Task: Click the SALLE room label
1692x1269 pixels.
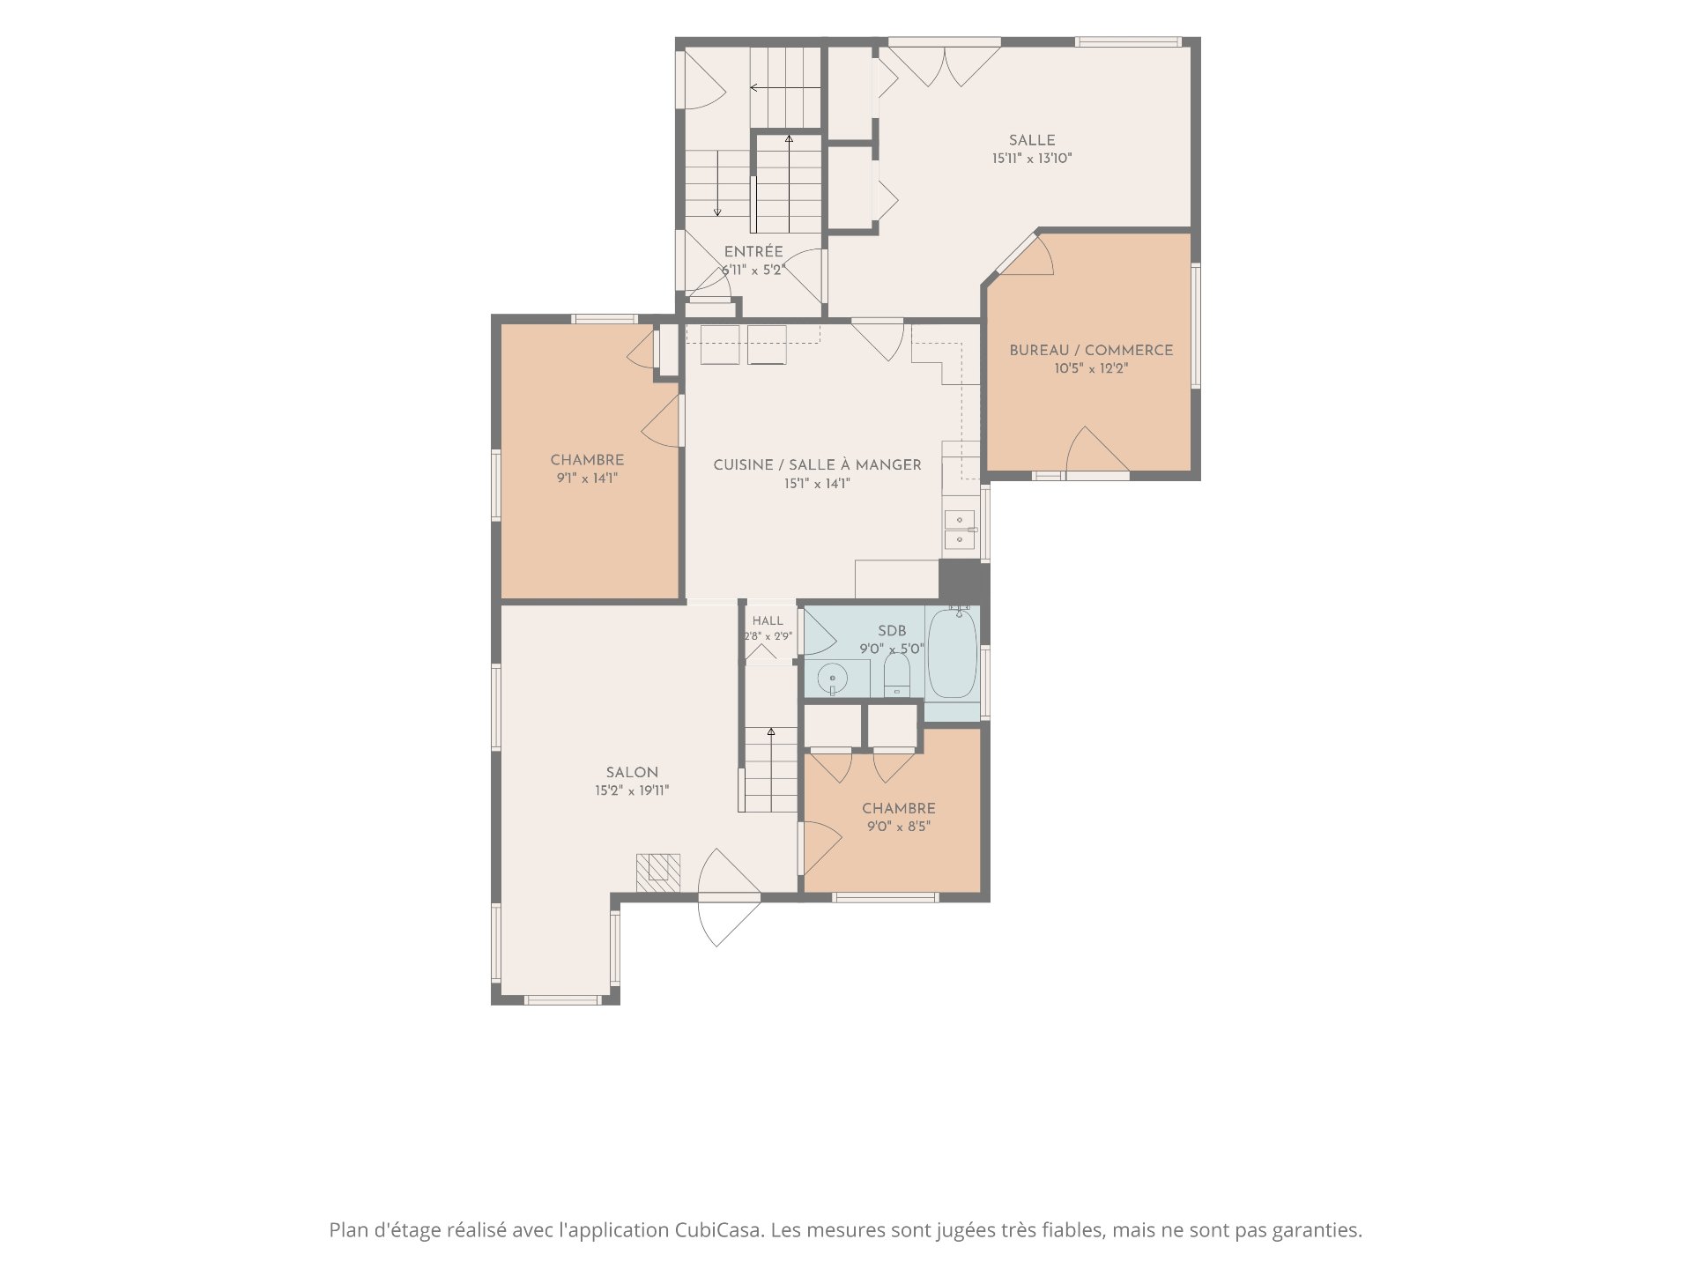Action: pos(1032,140)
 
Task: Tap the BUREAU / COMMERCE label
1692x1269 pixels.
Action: pos(1091,350)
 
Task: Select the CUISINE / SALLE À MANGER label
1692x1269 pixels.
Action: pos(817,464)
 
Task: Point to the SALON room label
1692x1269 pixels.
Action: pos(632,772)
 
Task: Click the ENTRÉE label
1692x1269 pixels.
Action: pos(753,252)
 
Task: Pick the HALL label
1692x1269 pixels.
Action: pos(768,620)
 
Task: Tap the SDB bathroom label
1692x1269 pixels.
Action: pos(892,631)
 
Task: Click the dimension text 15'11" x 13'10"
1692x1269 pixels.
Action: pos(1032,159)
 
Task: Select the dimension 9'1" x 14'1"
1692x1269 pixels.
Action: pos(587,479)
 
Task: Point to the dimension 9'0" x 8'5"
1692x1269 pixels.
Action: pos(899,827)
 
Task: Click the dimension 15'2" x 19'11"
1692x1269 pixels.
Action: pos(632,790)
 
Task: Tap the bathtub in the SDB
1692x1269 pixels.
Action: pos(953,652)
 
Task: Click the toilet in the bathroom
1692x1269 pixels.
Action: pos(897,675)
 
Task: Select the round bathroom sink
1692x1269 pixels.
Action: pos(832,679)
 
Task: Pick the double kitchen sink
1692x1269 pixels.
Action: pos(960,530)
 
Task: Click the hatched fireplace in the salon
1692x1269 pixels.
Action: pos(658,872)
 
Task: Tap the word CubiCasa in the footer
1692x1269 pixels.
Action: pos(720,1230)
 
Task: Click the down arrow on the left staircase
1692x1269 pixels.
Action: pos(717,183)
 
